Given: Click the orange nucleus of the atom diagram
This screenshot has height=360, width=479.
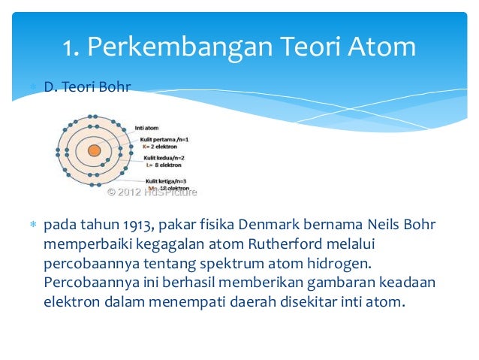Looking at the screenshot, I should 94,150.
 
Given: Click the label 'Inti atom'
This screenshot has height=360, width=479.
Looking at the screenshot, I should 146,128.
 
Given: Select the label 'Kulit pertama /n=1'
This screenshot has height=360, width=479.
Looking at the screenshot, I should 166,139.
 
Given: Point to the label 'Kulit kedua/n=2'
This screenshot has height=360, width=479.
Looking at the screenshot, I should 164,159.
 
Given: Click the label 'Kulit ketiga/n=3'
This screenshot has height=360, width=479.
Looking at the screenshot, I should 166,181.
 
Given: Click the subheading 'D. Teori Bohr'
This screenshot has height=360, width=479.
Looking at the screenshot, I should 87,87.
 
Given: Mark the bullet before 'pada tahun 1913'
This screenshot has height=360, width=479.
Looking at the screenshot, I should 33,225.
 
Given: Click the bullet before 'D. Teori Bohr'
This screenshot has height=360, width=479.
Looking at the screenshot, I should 33,87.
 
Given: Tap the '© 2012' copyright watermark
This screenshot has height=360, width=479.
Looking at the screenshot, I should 124,192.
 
